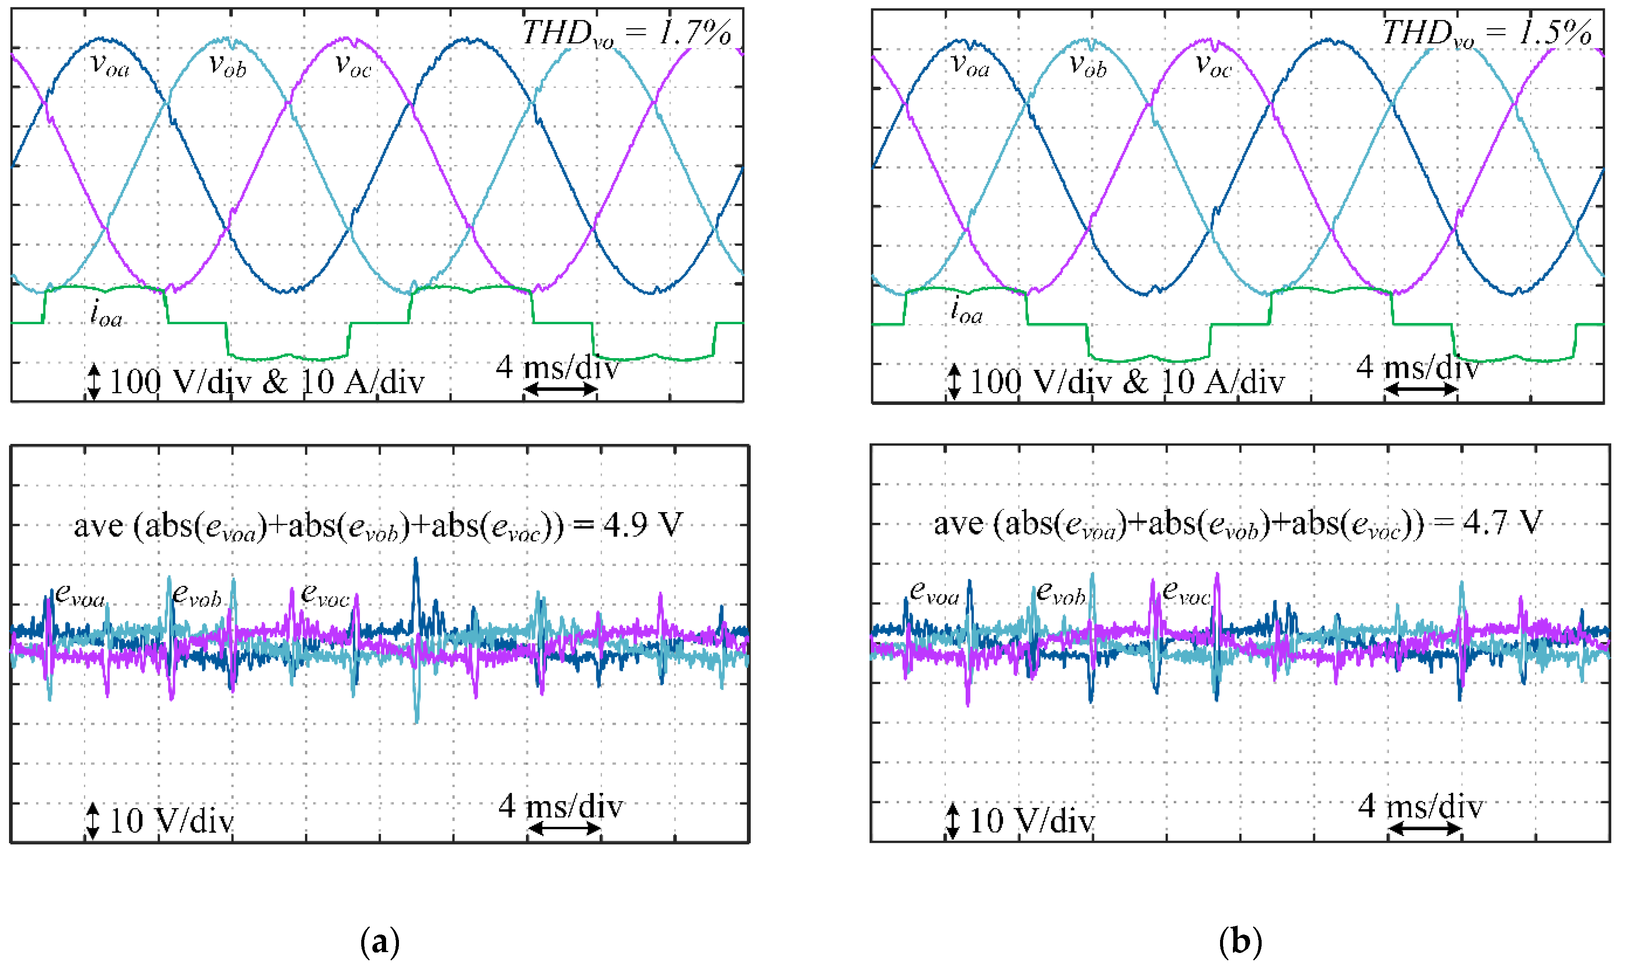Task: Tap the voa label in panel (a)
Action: pos(110,66)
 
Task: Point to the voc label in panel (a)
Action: pos(353,66)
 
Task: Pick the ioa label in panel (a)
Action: pos(106,314)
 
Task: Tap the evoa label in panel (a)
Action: pos(80,595)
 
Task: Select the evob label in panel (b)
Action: pos(1061,594)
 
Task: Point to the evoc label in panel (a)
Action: pos(325,595)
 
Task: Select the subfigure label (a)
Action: pos(380,942)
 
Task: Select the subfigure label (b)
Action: pos(1241,942)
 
